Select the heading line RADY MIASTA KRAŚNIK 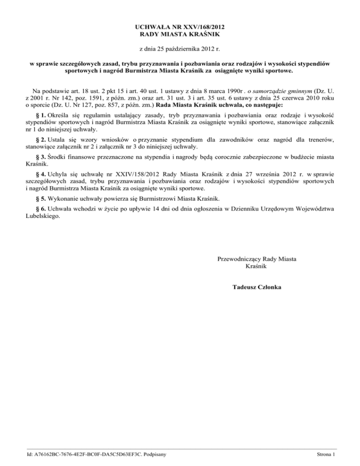click(x=180, y=34)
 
